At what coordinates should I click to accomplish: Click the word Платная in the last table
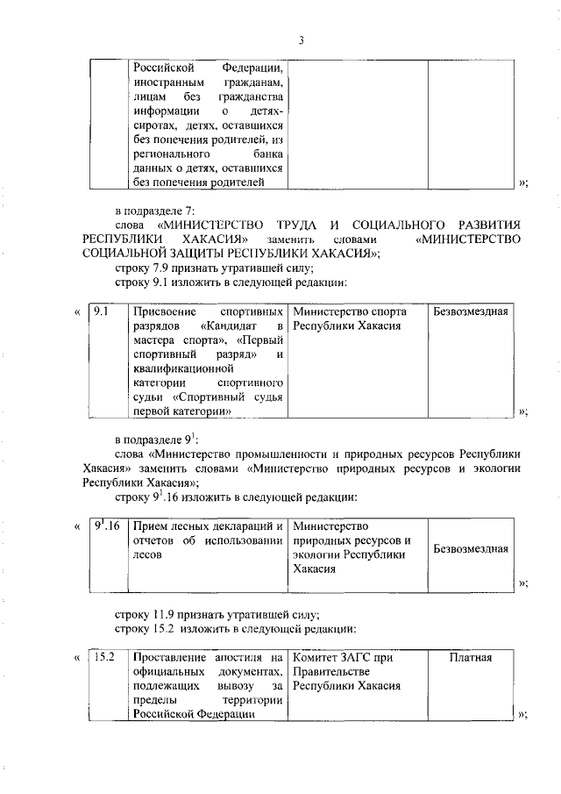click(x=470, y=657)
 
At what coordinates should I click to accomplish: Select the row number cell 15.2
click(x=105, y=657)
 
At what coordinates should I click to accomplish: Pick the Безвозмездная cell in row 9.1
click(x=471, y=311)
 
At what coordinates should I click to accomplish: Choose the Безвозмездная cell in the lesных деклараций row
click(x=471, y=548)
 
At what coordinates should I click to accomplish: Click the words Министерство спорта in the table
click(x=350, y=311)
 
